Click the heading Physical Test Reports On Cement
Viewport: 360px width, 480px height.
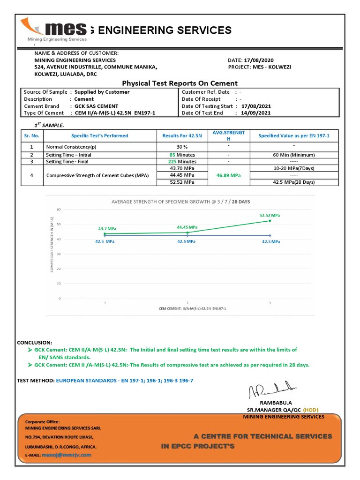[x=180, y=83]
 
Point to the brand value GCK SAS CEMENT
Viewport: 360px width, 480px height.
[x=97, y=106]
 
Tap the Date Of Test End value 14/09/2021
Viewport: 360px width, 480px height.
[x=256, y=113]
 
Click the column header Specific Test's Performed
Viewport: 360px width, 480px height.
[x=99, y=136]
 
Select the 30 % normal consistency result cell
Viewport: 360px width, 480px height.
[x=181, y=147]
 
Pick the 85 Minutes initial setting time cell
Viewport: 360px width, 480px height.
[x=181, y=155]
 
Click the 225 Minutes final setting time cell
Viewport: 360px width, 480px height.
[x=181, y=162]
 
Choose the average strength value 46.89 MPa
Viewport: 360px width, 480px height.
[x=228, y=175]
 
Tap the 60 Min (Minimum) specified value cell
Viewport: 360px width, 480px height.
[x=294, y=155]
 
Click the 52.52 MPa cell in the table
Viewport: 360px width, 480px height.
[x=181, y=182]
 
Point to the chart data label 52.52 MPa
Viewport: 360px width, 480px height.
[x=270, y=215]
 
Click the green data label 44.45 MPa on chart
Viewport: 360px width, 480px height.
[x=187, y=227]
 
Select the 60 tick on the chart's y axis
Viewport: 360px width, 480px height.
[x=59, y=210]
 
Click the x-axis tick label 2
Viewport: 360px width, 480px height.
[x=187, y=303]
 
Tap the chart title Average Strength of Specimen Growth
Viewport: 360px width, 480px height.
[x=180, y=202]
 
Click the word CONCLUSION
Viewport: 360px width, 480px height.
[x=35, y=343]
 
